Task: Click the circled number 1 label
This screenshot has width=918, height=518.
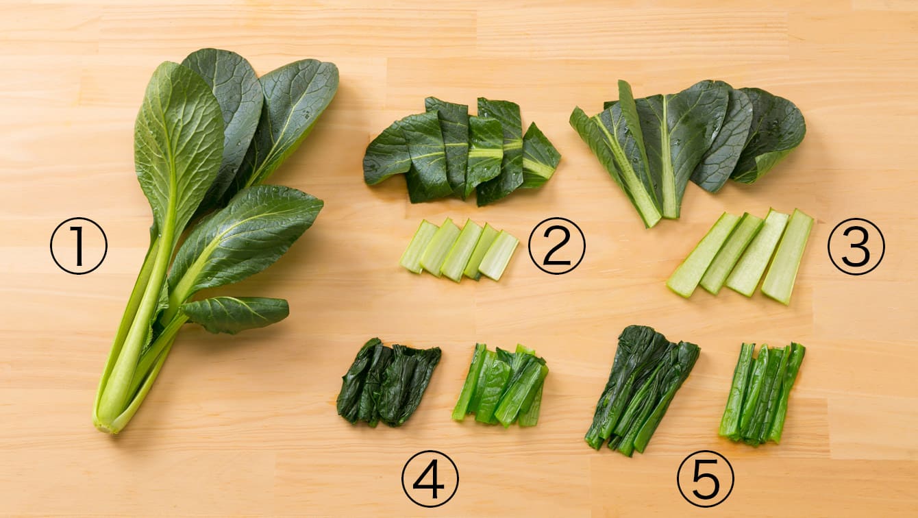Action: click(79, 246)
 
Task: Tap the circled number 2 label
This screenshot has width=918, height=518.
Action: click(556, 246)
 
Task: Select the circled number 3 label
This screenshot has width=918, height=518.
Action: click(856, 246)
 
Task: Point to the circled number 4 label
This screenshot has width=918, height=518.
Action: click(430, 479)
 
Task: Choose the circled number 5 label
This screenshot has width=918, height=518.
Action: click(706, 479)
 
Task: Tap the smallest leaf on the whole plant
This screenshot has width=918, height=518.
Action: click(236, 314)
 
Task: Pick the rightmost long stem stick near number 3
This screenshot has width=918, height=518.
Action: click(788, 256)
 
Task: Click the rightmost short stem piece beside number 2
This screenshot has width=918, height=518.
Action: click(499, 255)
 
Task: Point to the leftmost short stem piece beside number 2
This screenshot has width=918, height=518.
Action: click(419, 246)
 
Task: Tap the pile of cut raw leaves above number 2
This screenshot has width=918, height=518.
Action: click(461, 151)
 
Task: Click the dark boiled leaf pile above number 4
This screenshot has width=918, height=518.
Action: click(387, 382)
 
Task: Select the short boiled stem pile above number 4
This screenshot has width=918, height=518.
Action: click(501, 385)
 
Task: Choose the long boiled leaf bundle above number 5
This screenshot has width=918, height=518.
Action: click(641, 389)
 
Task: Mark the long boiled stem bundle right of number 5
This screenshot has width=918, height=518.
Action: click(761, 393)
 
